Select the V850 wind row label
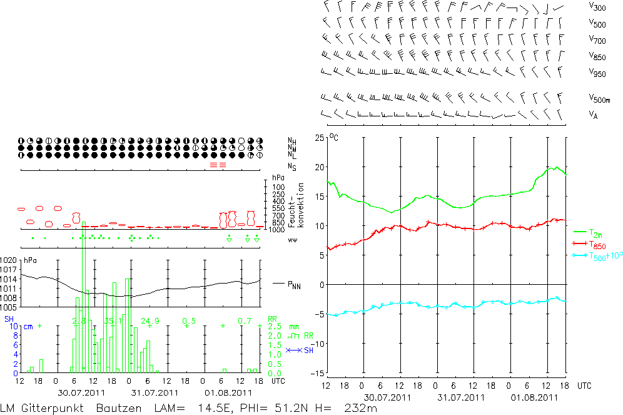597,56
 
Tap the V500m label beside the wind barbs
599,99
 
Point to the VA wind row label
592,115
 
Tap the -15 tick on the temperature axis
318,373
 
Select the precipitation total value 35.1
113,321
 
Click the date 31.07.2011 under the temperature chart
461,397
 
